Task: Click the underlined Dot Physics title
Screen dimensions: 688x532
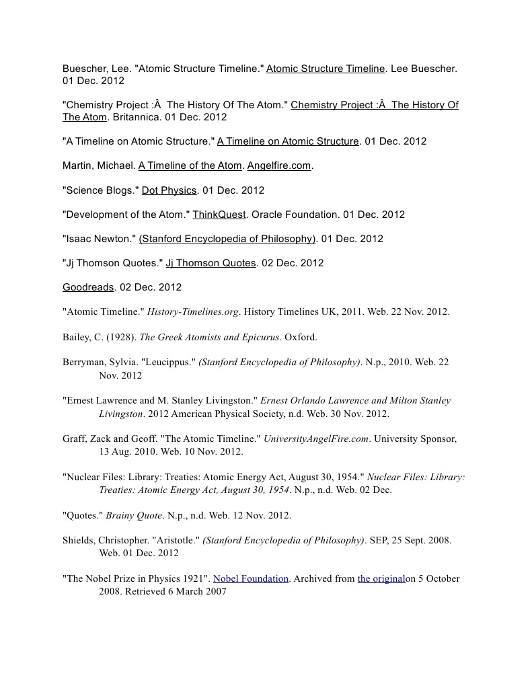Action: [169, 190]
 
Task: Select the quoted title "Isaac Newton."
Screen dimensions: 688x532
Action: [99, 239]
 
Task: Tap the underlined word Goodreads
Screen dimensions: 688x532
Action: [88, 287]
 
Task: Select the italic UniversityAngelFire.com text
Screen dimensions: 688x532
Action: [316, 438]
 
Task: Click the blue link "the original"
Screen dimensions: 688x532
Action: [381, 578]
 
